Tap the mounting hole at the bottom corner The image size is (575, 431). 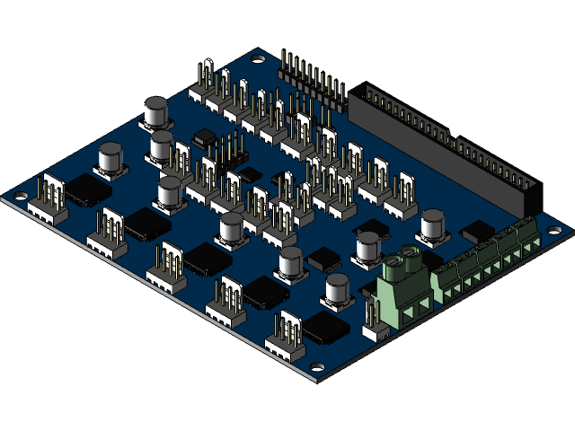[317, 367]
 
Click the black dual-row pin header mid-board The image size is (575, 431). [232, 152]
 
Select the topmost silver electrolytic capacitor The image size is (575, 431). [155, 114]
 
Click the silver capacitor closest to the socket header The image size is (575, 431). [433, 225]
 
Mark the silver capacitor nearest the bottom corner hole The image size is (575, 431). [338, 291]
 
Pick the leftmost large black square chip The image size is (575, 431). [88, 188]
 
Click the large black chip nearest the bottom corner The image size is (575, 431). [325, 327]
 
